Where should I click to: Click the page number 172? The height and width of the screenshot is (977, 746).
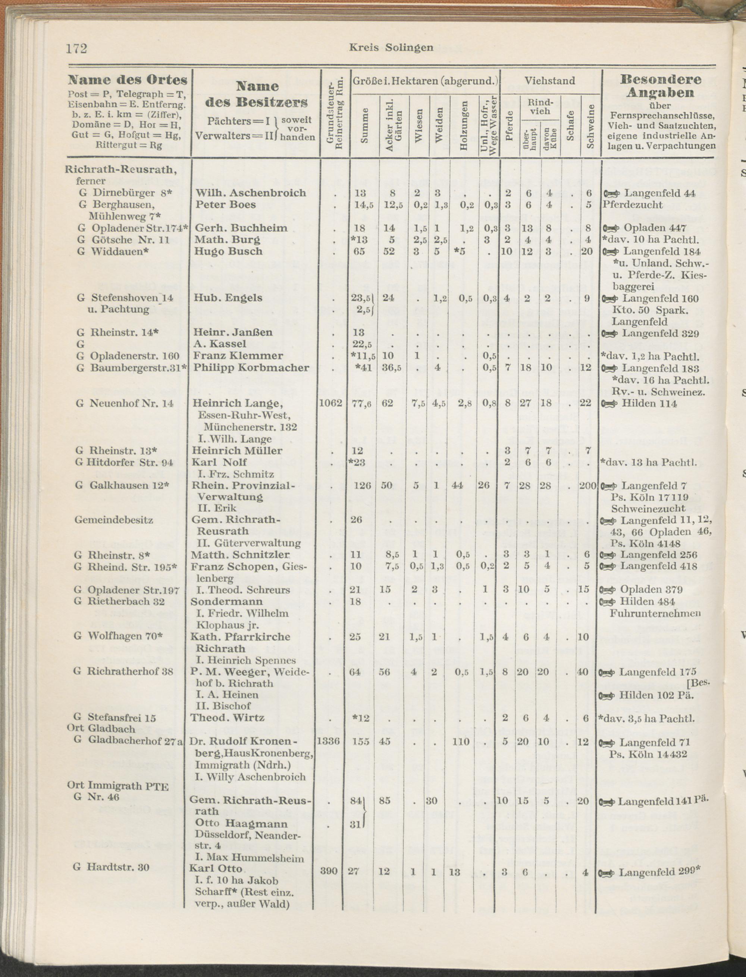[76, 48]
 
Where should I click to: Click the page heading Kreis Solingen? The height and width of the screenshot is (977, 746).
[391, 47]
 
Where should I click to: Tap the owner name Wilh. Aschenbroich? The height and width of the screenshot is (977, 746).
[251, 193]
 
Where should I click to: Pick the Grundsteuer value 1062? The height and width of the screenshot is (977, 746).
[331, 403]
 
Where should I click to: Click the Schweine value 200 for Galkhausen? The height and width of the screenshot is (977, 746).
[587, 485]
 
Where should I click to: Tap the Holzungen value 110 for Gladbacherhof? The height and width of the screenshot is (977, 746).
[464, 742]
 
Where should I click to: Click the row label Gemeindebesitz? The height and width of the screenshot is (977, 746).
[114, 520]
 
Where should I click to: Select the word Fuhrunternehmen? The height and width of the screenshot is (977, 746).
[655, 613]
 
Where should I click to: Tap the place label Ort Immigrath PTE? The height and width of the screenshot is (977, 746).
[117, 786]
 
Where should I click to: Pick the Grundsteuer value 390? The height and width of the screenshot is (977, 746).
[329, 871]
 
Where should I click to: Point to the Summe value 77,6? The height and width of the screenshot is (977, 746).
[362, 404]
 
